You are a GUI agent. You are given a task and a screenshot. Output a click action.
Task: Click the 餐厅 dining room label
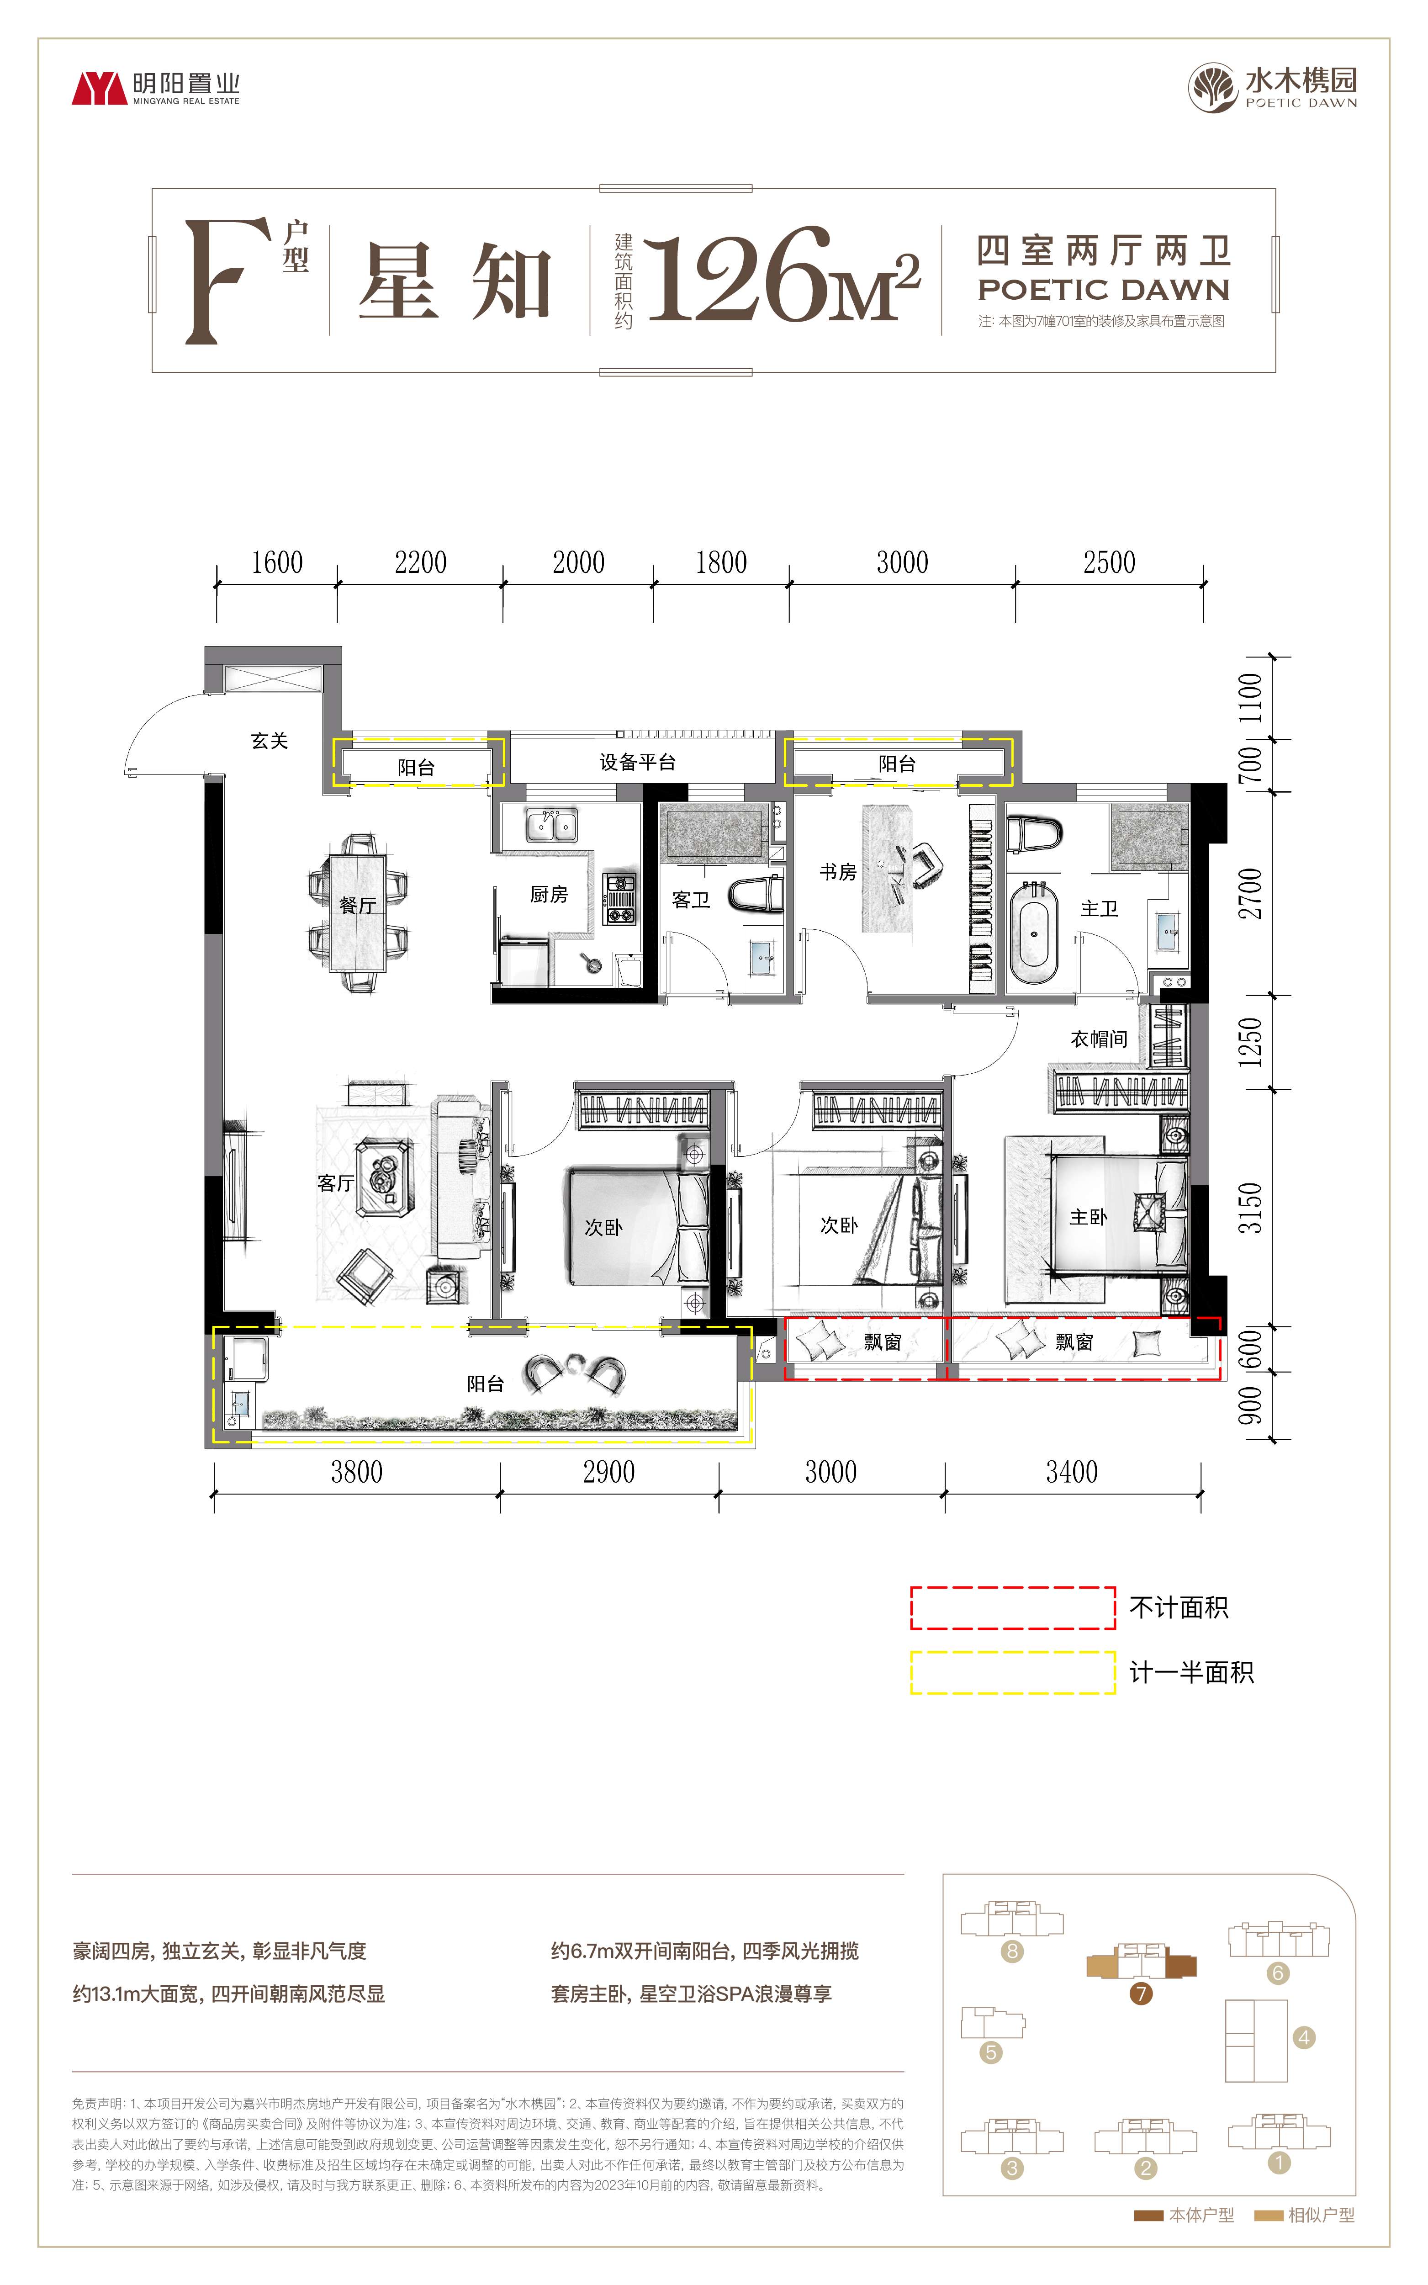point(358,905)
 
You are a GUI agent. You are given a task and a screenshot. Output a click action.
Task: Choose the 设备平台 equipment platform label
point(638,762)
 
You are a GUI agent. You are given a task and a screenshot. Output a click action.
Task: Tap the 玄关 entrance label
point(269,741)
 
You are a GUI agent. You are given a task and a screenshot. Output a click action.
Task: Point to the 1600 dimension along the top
point(277,563)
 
